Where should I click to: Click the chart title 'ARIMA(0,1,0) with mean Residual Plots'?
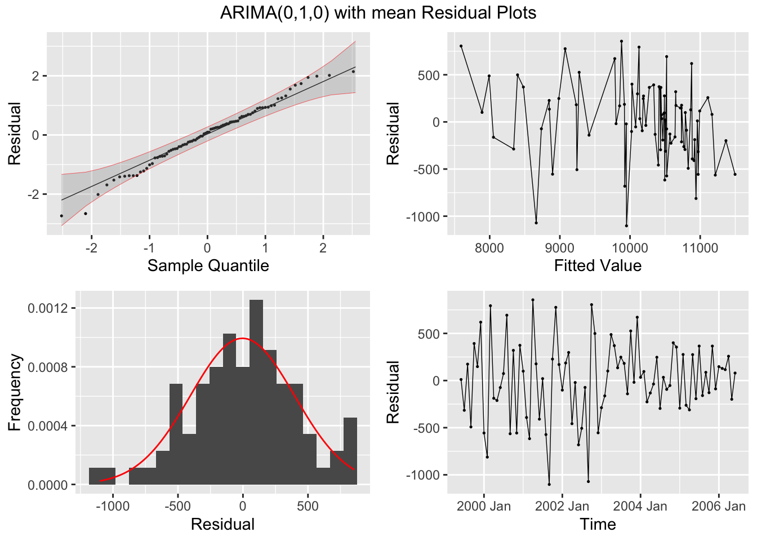pyautogui.click(x=378, y=12)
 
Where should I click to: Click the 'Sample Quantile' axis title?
pyautogui.click(x=208, y=265)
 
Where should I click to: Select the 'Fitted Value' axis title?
pyautogui.click(x=598, y=265)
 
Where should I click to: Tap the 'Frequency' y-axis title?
pyautogui.click(x=15, y=392)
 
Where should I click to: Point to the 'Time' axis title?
pyautogui.click(x=598, y=524)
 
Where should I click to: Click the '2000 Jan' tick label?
pyautogui.click(x=483, y=506)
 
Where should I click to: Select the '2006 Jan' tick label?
pyautogui.click(x=718, y=506)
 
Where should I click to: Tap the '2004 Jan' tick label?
pyautogui.click(x=640, y=506)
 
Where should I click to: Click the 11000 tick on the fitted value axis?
pyautogui.click(x=700, y=247)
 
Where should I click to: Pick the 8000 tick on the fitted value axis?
pyautogui.click(x=489, y=247)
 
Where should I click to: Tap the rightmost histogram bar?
pyautogui.click(x=350, y=451)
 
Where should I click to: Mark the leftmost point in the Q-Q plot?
pyautogui.click(x=61, y=216)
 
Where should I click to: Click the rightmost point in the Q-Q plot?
pyautogui.click(x=353, y=72)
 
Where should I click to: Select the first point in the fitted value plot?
pyautogui.click(x=461, y=46)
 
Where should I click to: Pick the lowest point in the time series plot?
pyautogui.click(x=549, y=484)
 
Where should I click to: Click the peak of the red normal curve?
pyautogui.click(x=242, y=339)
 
